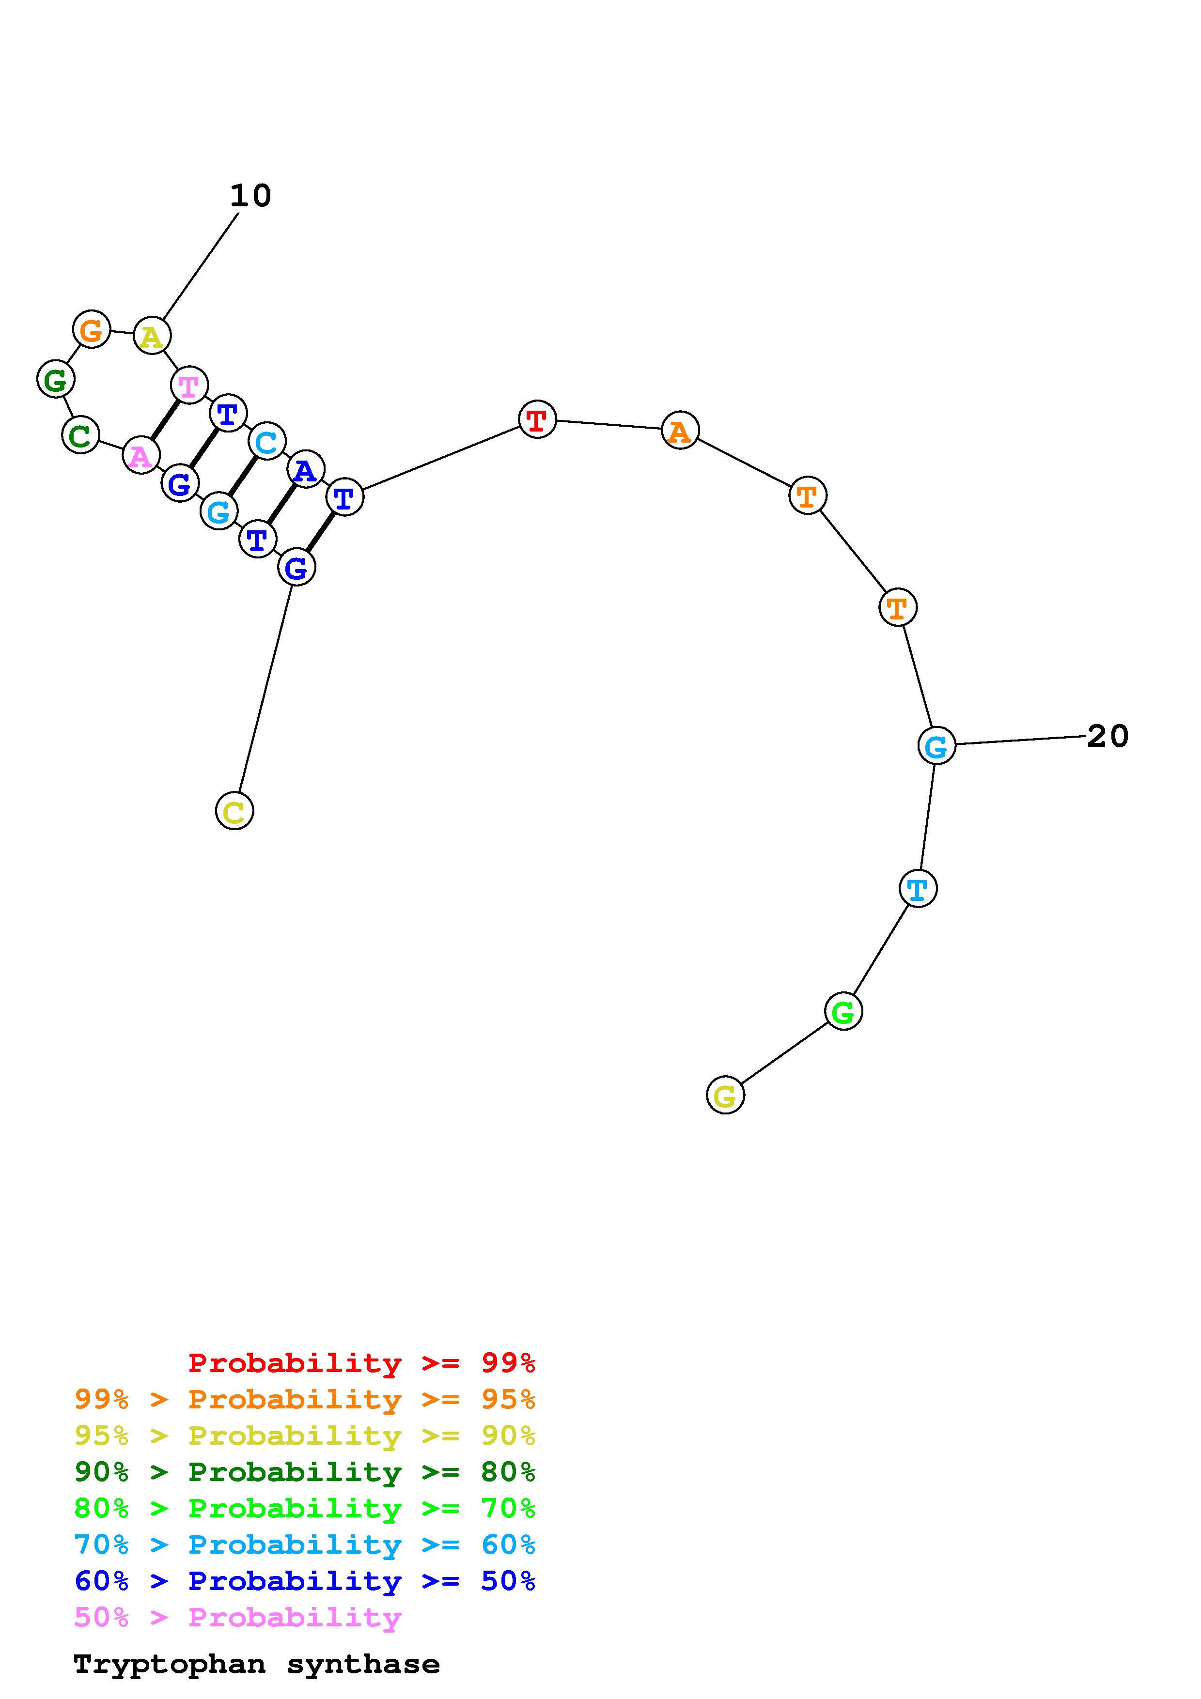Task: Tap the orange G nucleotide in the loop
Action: pos(91,329)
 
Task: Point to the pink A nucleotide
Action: pos(140,455)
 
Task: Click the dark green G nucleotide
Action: pos(56,380)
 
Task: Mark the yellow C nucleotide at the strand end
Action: pos(234,811)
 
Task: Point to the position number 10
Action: pos(251,196)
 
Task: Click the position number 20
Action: pos(1108,736)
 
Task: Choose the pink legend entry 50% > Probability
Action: pos(237,1618)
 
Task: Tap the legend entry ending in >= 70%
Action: pos(305,1508)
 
